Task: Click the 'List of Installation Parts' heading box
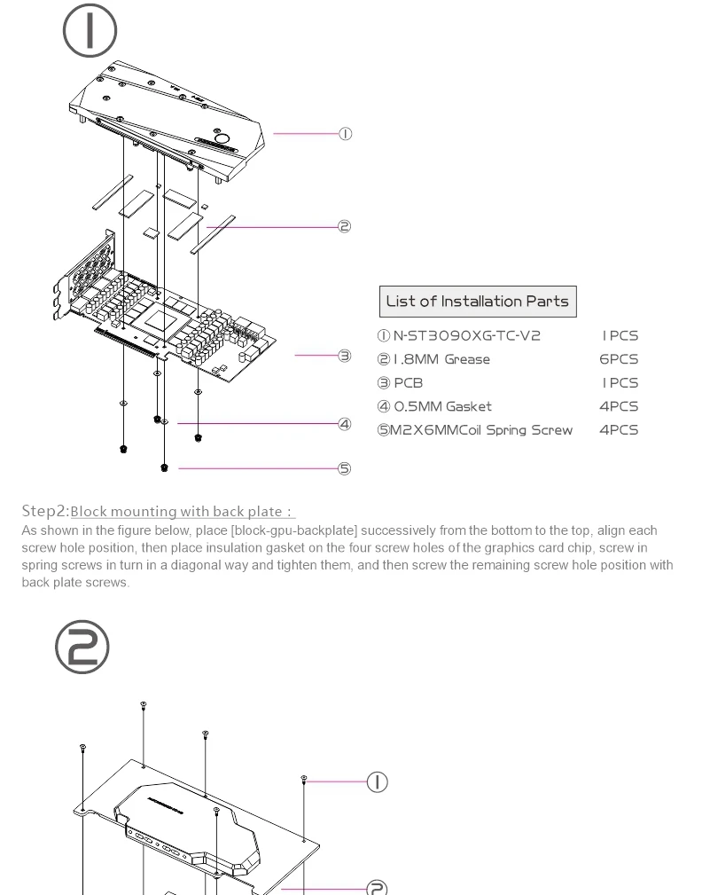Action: click(x=478, y=302)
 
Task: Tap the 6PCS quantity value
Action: click(x=619, y=359)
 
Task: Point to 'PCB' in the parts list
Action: click(x=409, y=383)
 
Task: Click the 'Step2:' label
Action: click(x=45, y=511)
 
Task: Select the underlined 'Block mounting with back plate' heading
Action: click(x=183, y=512)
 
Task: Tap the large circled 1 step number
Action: click(x=90, y=31)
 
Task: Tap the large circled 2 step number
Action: click(x=82, y=648)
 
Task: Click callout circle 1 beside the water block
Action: click(x=345, y=134)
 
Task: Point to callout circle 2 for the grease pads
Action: click(x=345, y=226)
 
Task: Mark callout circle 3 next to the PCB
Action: click(x=345, y=356)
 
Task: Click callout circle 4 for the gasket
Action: click(x=345, y=424)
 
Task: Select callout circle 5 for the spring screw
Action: click(x=345, y=468)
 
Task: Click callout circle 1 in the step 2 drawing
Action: click(x=378, y=781)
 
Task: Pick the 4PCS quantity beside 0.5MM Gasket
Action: click(x=619, y=406)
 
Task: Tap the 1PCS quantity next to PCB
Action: click(x=620, y=383)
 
